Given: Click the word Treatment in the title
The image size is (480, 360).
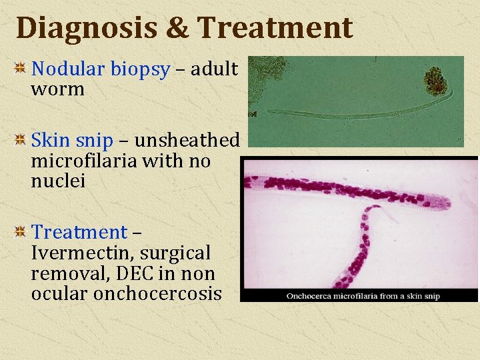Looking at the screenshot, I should tap(275, 27).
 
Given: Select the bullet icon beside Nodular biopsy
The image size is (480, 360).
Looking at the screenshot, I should tap(21, 69).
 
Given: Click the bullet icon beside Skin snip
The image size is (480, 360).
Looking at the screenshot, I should tap(21, 140).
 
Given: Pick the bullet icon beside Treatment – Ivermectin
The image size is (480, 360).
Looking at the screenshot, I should tap(21, 232).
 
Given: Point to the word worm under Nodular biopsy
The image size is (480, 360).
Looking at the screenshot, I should tap(57, 89).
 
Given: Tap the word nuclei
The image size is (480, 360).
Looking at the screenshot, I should tap(58, 181).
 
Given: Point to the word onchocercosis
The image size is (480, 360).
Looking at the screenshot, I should tap(158, 293).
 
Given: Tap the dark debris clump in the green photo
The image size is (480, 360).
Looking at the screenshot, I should tap(437, 80).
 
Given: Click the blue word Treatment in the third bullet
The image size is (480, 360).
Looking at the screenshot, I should tap(79, 232).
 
